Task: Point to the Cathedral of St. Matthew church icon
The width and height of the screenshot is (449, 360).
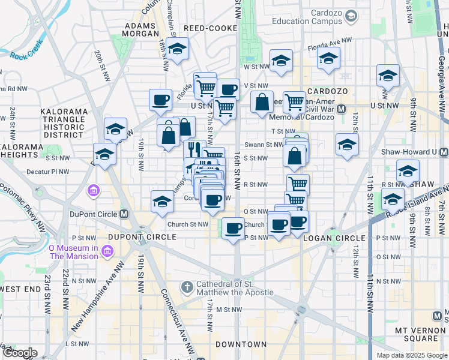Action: click(187, 287)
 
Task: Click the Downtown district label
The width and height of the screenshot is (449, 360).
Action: click(241, 344)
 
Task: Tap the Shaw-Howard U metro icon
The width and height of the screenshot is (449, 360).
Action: click(443, 152)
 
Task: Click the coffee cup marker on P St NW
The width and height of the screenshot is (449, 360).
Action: click(233, 227)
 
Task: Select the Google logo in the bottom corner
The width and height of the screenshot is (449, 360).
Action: click(20, 353)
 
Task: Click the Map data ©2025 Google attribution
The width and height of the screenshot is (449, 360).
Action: click(412, 355)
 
